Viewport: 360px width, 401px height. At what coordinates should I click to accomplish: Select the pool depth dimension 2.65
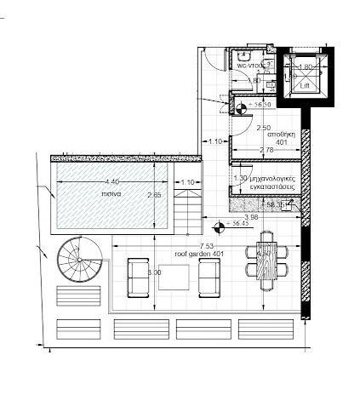154,194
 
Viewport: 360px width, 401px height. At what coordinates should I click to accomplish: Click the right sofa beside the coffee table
209,277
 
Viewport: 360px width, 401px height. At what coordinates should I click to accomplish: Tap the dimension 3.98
251,217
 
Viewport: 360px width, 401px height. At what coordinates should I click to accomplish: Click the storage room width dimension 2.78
265,150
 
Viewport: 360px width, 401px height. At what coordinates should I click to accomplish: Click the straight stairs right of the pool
189,212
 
